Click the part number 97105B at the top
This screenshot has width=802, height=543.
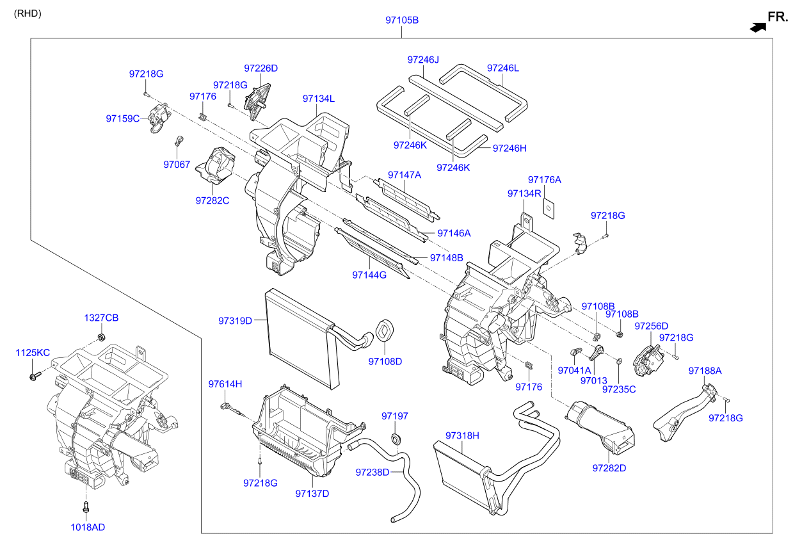click(401, 20)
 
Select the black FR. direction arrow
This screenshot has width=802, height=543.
click(758, 27)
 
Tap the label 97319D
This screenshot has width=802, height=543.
click(235, 320)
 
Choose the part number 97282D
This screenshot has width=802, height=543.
click(609, 468)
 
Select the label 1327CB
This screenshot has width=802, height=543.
click(101, 318)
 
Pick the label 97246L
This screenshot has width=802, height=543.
click(502, 68)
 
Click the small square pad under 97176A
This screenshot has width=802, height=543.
click(549, 206)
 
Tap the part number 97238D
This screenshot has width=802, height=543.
click(372, 472)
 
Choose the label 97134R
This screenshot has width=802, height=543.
click(524, 193)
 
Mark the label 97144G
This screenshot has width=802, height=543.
click(369, 275)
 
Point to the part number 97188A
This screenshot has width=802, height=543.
click(705, 371)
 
